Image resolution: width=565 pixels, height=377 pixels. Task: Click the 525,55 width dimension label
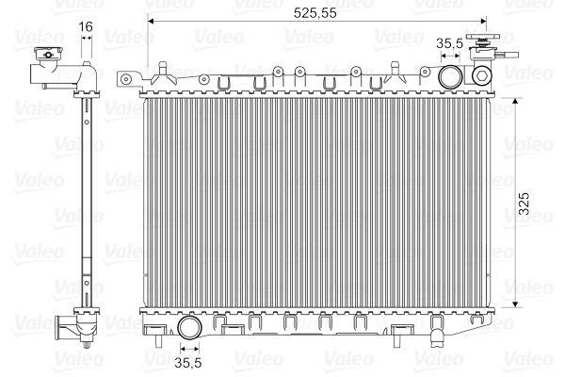pos(315,13)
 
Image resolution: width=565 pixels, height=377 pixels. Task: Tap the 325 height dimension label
pos(525,204)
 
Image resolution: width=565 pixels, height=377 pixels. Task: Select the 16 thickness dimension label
pos(86,26)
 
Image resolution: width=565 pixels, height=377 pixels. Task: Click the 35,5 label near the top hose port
pos(450,43)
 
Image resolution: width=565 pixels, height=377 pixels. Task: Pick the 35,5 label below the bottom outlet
pos(188,363)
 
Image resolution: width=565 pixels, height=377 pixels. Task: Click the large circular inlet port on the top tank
pos(450,76)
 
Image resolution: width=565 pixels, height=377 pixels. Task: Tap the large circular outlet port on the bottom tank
pos(189,327)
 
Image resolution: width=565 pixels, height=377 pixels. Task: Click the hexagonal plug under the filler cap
pos(482,74)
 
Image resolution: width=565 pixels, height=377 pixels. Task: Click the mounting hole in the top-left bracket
pos(126,79)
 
